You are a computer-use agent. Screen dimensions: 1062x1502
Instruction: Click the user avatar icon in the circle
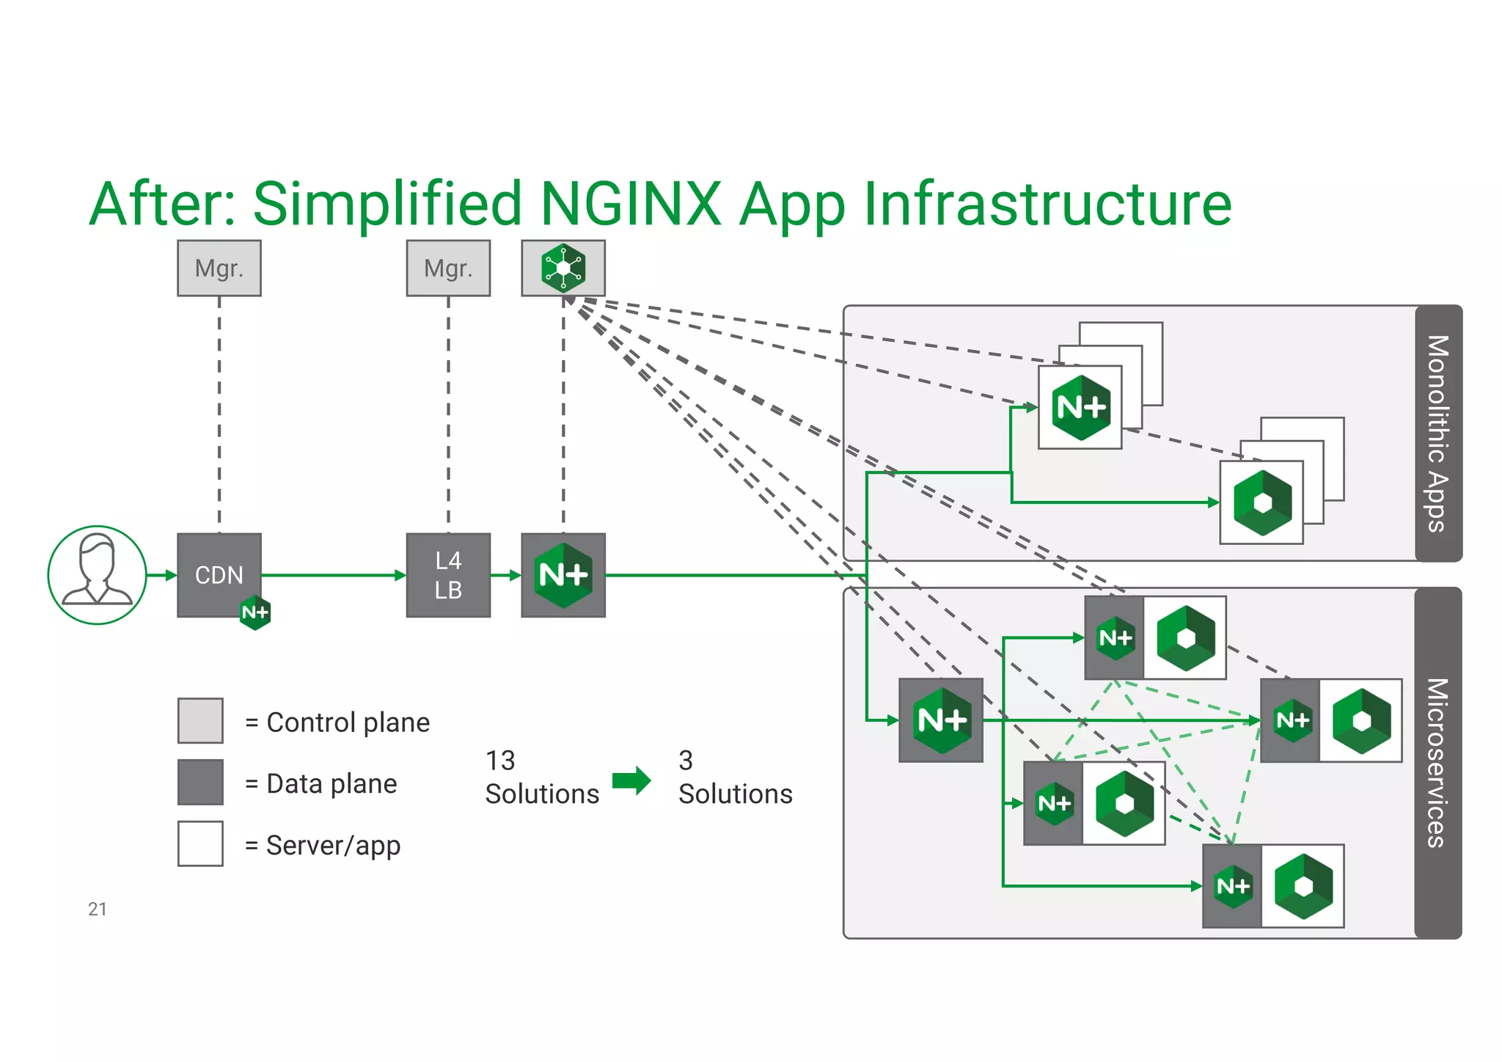coord(97,574)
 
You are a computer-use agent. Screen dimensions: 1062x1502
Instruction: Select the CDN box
coord(219,574)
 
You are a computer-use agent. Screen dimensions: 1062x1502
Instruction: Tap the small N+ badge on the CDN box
coord(255,612)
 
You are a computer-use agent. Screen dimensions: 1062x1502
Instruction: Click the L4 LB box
coord(448,575)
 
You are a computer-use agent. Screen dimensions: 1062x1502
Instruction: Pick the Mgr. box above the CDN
coord(219,268)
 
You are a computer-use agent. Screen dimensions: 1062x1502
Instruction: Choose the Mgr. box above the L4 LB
coord(448,268)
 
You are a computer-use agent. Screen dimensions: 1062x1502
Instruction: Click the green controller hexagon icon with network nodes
coord(563,268)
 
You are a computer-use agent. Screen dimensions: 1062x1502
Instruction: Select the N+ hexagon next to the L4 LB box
coord(563,575)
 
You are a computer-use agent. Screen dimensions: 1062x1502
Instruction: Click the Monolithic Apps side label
coord(1438,433)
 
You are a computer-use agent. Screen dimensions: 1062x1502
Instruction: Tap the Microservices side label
coord(1438,763)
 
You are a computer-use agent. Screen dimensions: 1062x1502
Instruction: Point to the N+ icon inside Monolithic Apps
coord(1080,407)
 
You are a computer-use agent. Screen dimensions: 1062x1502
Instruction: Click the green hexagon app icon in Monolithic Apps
coord(1262,502)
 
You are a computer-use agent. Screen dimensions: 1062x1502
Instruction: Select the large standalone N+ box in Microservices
coord(941,720)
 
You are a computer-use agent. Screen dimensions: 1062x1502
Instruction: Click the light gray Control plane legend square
coord(200,720)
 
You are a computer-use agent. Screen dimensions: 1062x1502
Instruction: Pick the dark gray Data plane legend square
coord(200,782)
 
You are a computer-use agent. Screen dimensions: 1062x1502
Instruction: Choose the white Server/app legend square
coord(200,843)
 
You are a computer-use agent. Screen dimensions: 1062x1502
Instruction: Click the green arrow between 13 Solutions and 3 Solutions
coord(631,780)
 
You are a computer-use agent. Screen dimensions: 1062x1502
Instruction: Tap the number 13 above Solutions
coord(500,761)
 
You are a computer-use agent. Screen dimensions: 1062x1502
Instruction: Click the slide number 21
coord(98,909)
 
